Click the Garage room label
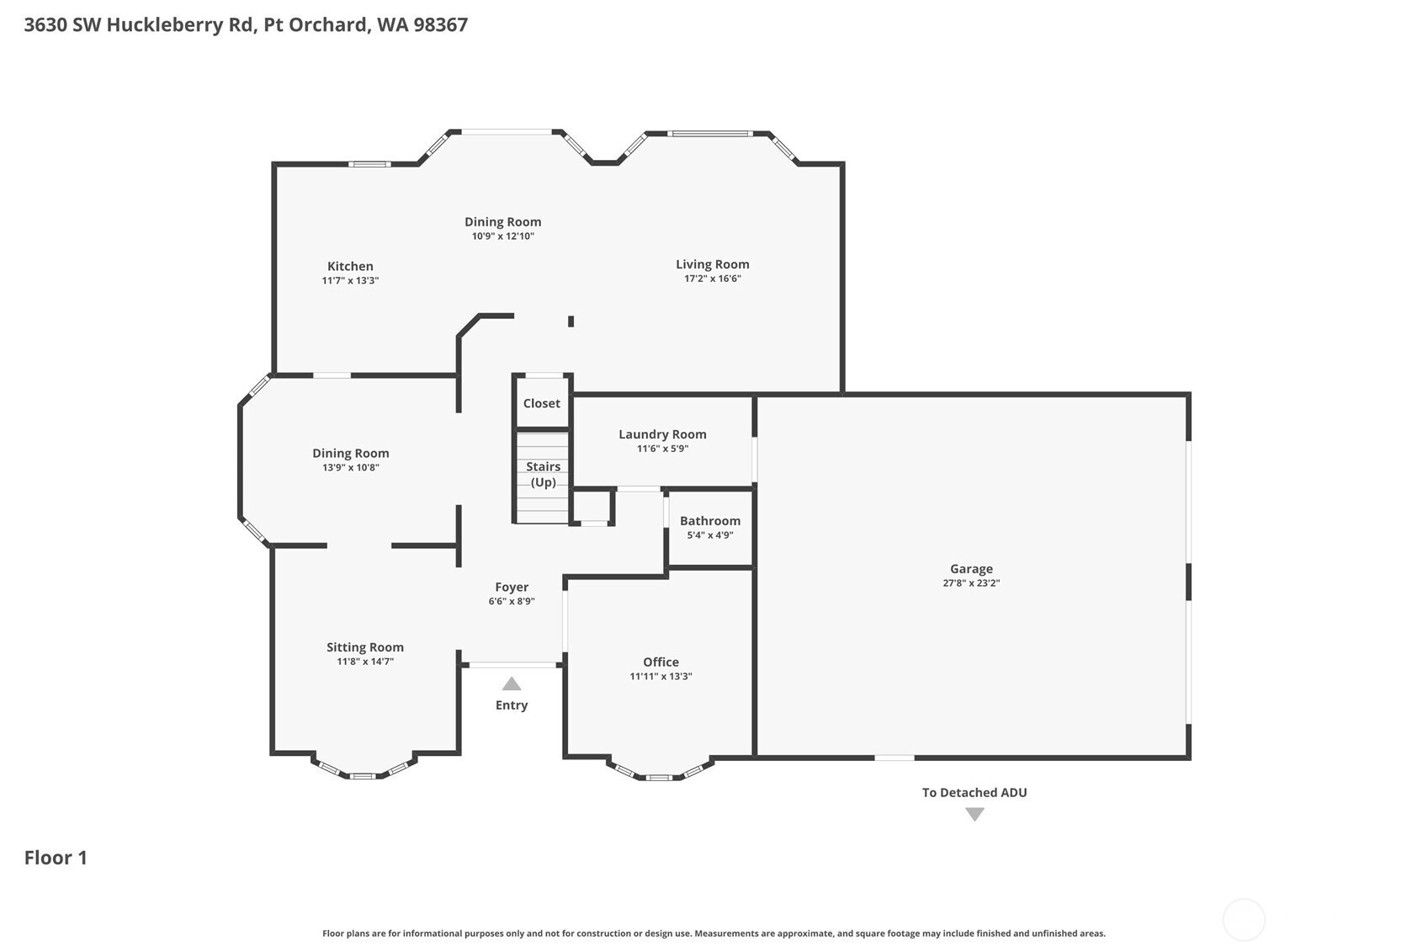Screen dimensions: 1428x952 tap(971, 569)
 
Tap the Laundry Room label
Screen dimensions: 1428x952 tap(662, 434)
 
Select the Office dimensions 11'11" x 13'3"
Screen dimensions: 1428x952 tap(661, 677)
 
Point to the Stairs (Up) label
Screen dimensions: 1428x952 tap(543, 475)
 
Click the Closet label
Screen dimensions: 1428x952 tap(541, 403)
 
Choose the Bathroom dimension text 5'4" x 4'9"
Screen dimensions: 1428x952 tap(709, 535)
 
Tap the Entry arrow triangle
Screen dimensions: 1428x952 tap(512, 683)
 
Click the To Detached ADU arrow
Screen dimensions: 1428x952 tap(974, 814)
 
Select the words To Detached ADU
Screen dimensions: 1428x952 tap(974, 793)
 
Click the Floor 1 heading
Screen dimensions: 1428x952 tap(56, 858)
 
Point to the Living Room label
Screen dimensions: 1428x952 tap(712, 264)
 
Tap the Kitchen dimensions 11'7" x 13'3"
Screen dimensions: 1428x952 tap(350, 280)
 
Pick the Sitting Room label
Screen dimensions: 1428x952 tap(364, 647)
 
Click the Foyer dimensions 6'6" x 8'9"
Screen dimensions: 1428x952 tap(512, 601)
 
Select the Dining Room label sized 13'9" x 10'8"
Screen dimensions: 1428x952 tap(350, 454)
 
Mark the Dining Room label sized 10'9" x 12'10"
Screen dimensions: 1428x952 tap(502, 222)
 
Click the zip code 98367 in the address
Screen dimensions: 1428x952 tap(440, 25)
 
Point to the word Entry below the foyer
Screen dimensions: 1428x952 tap(512, 705)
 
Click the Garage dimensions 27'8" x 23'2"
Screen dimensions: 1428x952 tap(971, 582)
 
